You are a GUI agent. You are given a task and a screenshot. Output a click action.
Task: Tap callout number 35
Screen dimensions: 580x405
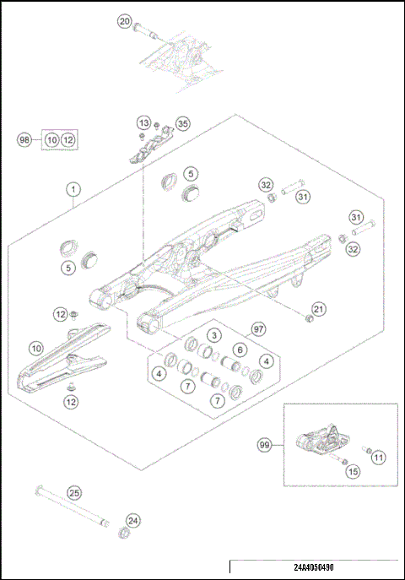click(x=182, y=123)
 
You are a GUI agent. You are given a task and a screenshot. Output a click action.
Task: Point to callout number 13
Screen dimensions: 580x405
click(x=144, y=123)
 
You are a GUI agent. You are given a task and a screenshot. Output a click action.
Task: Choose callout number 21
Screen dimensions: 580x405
click(x=318, y=307)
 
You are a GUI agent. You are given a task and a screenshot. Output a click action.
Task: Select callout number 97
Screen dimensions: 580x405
click(x=260, y=328)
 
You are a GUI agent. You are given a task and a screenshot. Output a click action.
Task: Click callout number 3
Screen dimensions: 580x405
click(x=215, y=335)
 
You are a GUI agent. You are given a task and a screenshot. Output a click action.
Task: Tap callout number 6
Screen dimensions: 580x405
click(x=240, y=350)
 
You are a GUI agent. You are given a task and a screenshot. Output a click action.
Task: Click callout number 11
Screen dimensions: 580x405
click(x=378, y=457)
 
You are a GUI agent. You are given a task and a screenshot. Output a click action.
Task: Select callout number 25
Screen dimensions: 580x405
click(x=74, y=492)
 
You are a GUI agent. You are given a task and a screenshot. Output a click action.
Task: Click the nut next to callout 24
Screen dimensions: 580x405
click(x=123, y=533)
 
